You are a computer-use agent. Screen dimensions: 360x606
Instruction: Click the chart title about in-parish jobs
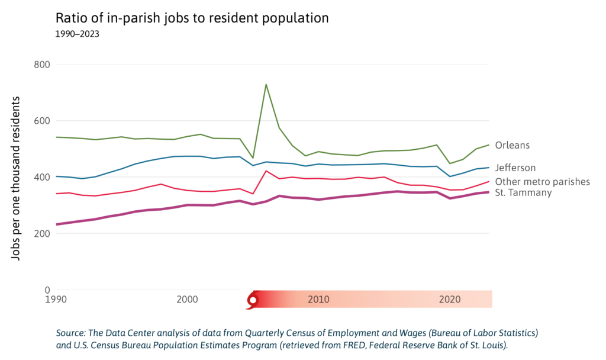pyautogui.click(x=192, y=18)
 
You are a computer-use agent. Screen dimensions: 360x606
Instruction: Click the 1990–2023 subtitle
pyautogui.click(x=77, y=34)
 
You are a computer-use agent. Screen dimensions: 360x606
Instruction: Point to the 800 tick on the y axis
pyautogui.click(x=40, y=64)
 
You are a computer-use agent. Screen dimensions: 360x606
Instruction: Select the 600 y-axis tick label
pyautogui.click(x=40, y=121)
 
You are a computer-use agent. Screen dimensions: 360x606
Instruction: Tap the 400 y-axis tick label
pyautogui.click(x=40, y=177)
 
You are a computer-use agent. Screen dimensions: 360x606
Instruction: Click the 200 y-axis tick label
pyautogui.click(x=40, y=233)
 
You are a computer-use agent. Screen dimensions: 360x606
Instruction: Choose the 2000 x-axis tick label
pyautogui.click(x=187, y=300)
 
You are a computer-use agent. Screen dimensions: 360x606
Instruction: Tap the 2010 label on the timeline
pyautogui.click(x=318, y=300)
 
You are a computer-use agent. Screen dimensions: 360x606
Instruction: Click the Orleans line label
pyautogui.click(x=512, y=145)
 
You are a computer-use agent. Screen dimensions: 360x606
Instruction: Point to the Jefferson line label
pyautogui.click(x=515, y=168)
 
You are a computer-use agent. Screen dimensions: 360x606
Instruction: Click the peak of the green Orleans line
pyautogui.click(x=266, y=84)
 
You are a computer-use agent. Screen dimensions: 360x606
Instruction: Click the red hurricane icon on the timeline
pyautogui.click(x=253, y=300)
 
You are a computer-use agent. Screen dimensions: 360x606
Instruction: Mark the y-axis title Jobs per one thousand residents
pyautogui.click(x=17, y=177)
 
